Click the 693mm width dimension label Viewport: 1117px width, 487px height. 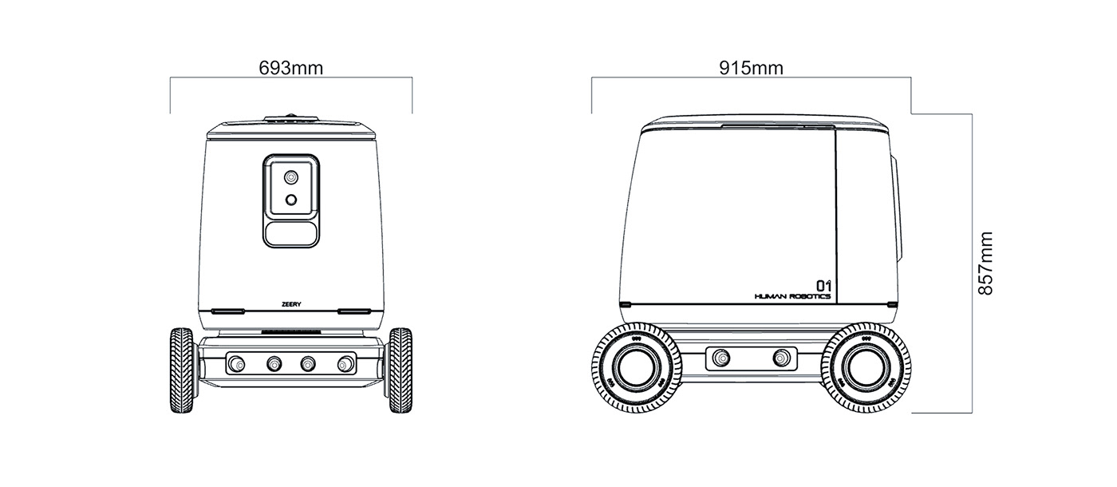(291, 68)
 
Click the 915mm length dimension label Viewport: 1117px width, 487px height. (751, 68)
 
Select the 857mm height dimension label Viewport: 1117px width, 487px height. (986, 263)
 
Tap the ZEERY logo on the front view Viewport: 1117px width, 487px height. (291, 304)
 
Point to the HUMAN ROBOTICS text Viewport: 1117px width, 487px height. (792, 296)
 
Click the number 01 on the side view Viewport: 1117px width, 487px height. (823, 284)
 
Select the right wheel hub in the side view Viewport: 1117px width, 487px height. (865, 368)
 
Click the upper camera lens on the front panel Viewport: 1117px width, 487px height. (292, 176)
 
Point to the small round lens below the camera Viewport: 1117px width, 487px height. (292, 200)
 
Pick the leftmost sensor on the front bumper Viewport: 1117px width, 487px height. (237, 364)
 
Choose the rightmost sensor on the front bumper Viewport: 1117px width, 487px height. (345, 364)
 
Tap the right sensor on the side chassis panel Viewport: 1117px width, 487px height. (781, 357)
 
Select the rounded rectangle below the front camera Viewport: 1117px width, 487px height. (292, 232)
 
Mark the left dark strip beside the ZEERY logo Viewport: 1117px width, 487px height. (228, 310)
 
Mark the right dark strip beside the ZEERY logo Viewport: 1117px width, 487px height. (354, 310)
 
